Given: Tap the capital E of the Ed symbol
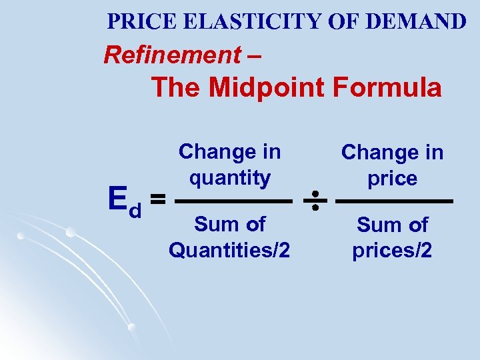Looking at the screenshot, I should pos(119,198).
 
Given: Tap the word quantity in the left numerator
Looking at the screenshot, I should pos(230,178).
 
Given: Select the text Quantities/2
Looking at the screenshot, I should pos(229,250).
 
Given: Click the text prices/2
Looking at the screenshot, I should pos(393,250).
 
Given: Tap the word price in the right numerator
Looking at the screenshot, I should pos(393,179).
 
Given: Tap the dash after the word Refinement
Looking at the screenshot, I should pos(254,55).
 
